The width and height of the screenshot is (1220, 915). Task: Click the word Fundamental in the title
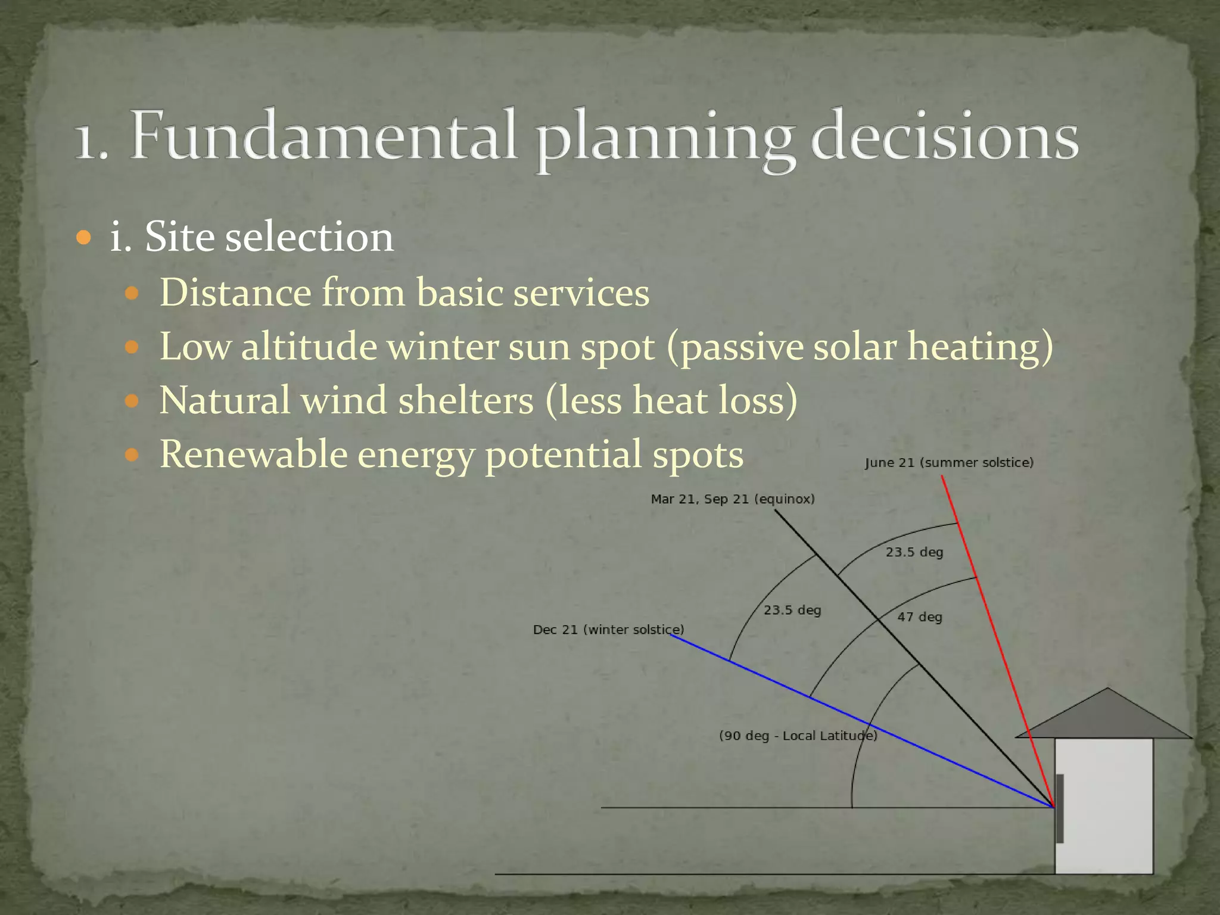322,136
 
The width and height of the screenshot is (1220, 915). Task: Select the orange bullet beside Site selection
84,238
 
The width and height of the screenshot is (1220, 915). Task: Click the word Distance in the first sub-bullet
235,293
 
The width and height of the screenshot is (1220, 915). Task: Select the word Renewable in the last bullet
254,455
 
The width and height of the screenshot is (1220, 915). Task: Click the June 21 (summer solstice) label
949,463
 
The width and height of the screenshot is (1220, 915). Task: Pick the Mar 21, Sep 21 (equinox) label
732,499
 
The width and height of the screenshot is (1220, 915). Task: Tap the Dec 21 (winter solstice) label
608,630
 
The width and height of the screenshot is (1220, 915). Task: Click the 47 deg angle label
920,617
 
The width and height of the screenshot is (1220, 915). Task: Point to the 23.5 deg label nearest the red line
914,552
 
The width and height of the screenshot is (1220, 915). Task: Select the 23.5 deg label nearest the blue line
792,611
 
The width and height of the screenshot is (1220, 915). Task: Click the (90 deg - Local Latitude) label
798,736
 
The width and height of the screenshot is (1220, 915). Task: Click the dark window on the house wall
1060,808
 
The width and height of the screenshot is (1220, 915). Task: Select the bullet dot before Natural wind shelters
132,401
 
